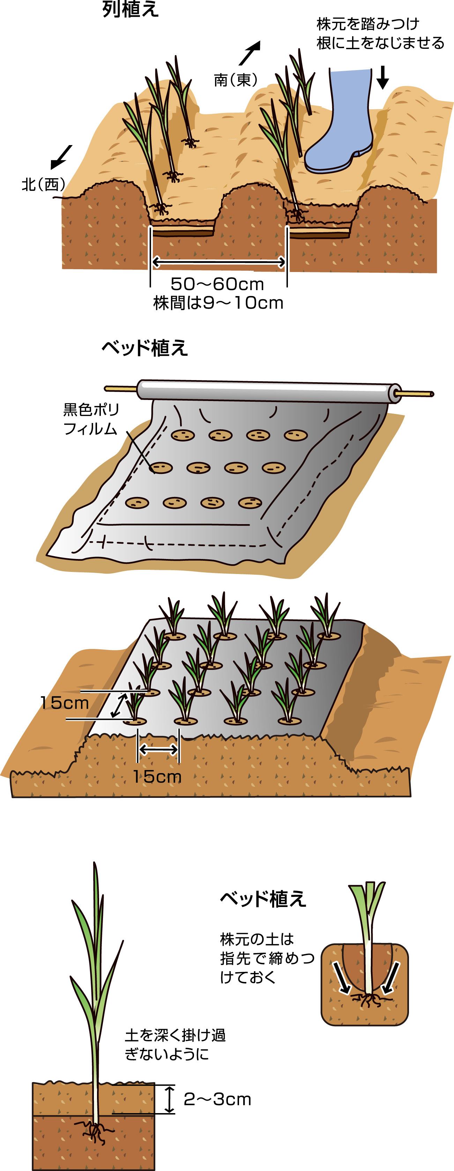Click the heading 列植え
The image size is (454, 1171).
coord(131,9)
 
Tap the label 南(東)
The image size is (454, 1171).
coord(236,80)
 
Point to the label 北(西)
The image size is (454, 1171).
coord(43,184)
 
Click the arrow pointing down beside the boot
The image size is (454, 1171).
coord(382,77)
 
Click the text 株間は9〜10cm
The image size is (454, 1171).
coord(218,303)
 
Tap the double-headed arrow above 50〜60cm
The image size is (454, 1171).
coord(218,262)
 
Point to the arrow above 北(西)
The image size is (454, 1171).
coord(61,157)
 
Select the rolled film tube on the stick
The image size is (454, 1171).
coord(268,390)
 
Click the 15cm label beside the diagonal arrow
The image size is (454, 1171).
coord(64,703)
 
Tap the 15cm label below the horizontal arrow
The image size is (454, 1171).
coord(157,776)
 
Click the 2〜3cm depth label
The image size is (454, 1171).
coord(217,1099)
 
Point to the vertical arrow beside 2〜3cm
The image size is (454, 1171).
coord(169,1099)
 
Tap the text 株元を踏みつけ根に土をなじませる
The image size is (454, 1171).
coord(380,33)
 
